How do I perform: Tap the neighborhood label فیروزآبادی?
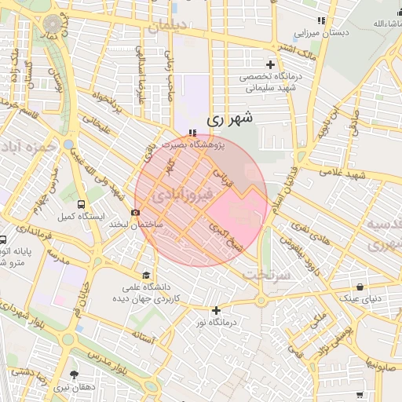(181, 193)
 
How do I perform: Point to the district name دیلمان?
(169, 25)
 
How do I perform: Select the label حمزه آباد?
(28, 147)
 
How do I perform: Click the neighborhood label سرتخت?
(266, 275)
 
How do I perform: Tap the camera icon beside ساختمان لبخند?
(137, 212)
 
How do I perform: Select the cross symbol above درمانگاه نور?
(216, 310)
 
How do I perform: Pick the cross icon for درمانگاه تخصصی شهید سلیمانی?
(271, 64)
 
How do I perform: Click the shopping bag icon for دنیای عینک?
(359, 287)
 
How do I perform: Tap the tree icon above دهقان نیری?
(75, 375)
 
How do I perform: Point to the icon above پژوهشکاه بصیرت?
(193, 132)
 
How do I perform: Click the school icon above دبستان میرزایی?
(320, 20)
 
